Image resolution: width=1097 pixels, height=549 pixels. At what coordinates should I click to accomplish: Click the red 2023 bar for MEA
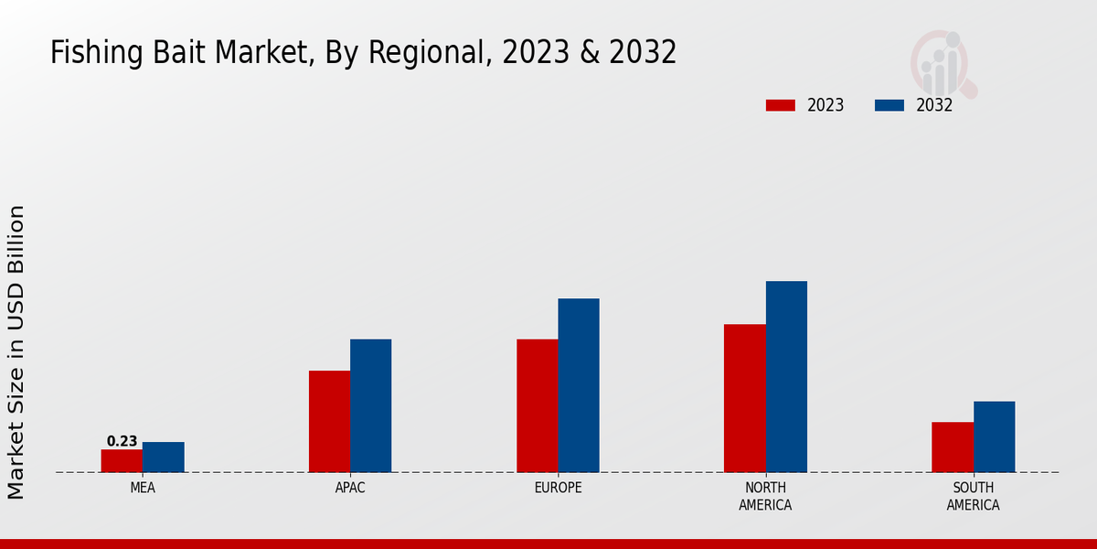[122, 461]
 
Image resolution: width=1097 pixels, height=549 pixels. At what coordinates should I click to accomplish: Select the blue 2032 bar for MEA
[164, 457]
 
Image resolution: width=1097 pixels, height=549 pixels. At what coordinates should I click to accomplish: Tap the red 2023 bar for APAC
[329, 422]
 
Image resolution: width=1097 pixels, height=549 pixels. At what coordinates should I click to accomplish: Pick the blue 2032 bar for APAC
[371, 406]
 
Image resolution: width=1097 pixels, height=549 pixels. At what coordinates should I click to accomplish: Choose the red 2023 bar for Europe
[538, 406]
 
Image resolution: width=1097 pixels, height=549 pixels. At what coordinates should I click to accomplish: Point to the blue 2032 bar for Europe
[579, 385]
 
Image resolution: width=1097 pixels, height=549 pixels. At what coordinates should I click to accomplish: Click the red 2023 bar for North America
[745, 398]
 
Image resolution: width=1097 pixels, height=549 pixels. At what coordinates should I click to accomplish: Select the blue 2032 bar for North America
[786, 377]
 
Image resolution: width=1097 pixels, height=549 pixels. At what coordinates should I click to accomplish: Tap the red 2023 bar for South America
[953, 447]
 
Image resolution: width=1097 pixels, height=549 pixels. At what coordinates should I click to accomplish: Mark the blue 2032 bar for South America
[995, 437]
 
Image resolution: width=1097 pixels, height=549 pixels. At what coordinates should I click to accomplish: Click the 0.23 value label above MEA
[122, 441]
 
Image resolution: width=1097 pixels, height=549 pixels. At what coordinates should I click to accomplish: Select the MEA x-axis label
[143, 488]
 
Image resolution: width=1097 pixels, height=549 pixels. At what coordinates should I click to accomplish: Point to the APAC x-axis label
[350, 488]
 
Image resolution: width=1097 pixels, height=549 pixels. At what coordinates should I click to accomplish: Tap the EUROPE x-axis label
[558, 488]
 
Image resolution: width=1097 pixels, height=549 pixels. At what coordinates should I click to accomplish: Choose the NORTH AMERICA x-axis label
[766, 496]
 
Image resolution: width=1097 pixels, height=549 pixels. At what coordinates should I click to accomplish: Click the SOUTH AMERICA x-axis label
[974, 496]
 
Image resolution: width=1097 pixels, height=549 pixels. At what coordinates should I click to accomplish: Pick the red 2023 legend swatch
[781, 105]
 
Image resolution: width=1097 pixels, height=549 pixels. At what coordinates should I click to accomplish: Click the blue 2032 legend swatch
[889, 105]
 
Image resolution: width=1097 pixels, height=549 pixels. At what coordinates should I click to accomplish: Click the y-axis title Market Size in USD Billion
[16, 352]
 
